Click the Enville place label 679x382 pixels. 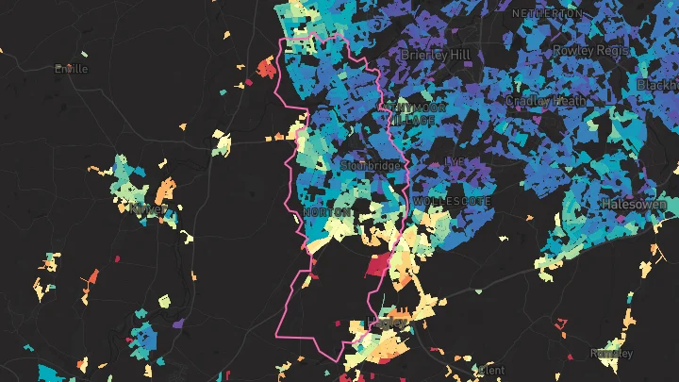click(x=72, y=69)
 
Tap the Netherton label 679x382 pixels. click(x=547, y=14)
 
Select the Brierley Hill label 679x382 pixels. click(x=435, y=55)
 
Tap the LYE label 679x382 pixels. click(x=455, y=161)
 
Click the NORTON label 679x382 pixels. click(x=329, y=213)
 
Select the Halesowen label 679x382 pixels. click(x=635, y=204)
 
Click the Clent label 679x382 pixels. click(x=492, y=370)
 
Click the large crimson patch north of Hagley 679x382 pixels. click(x=380, y=264)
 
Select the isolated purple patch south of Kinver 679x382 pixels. click(x=178, y=324)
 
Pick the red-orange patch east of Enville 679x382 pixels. click(x=267, y=67)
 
